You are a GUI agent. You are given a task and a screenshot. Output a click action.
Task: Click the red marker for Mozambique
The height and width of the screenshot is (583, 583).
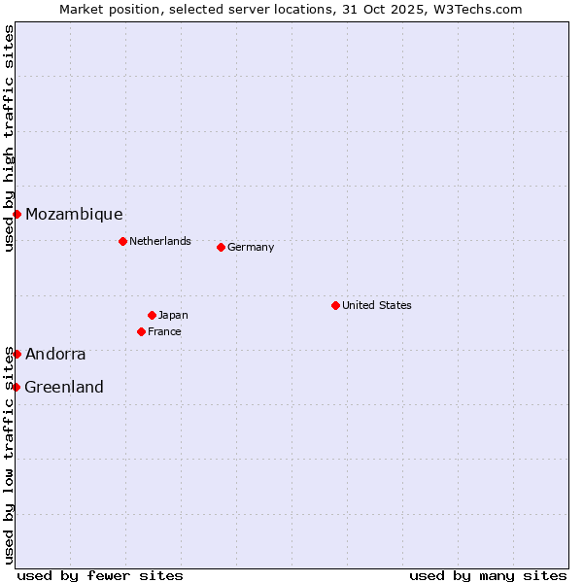tap(17, 214)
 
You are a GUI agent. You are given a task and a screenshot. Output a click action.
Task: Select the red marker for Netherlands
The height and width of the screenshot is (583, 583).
tap(122, 241)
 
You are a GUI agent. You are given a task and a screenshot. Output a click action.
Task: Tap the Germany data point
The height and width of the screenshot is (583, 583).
tap(221, 247)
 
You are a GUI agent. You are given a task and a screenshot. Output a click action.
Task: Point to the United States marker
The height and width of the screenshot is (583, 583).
tap(335, 305)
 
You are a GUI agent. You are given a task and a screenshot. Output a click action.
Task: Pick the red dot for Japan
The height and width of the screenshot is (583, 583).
tap(152, 315)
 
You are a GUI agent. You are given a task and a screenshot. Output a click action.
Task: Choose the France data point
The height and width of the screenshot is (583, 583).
tap(141, 331)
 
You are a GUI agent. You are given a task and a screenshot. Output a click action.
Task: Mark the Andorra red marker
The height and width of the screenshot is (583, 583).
tap(17, 354)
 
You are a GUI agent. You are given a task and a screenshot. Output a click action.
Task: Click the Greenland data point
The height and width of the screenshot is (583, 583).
tap(16, 387)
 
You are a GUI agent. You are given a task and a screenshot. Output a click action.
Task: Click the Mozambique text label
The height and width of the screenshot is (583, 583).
tap(74, 215)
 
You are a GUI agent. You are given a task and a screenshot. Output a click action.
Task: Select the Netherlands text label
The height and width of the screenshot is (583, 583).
tap(160, 241)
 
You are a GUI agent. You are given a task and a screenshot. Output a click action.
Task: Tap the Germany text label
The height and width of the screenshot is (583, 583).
tap(251, 247)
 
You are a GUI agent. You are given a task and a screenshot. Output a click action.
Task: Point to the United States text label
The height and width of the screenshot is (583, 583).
tap(377, 305)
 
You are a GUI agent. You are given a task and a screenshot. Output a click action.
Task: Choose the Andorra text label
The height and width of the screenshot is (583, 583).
tap(55, 355)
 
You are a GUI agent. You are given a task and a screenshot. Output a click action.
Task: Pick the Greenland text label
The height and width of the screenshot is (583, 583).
tap(64, 388)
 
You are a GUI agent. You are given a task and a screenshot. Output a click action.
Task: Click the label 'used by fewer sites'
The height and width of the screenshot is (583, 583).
tap(100, 575)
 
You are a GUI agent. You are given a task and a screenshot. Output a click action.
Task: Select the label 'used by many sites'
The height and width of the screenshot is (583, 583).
tap(488, 575)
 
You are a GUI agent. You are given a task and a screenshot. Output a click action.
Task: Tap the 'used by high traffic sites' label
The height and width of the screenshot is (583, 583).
tap(9, 138)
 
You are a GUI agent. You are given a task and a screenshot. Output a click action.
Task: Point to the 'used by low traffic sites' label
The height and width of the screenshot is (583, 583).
tap(9, 455)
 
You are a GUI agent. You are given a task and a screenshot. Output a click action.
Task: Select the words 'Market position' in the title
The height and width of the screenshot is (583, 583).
tap(103, 9)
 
